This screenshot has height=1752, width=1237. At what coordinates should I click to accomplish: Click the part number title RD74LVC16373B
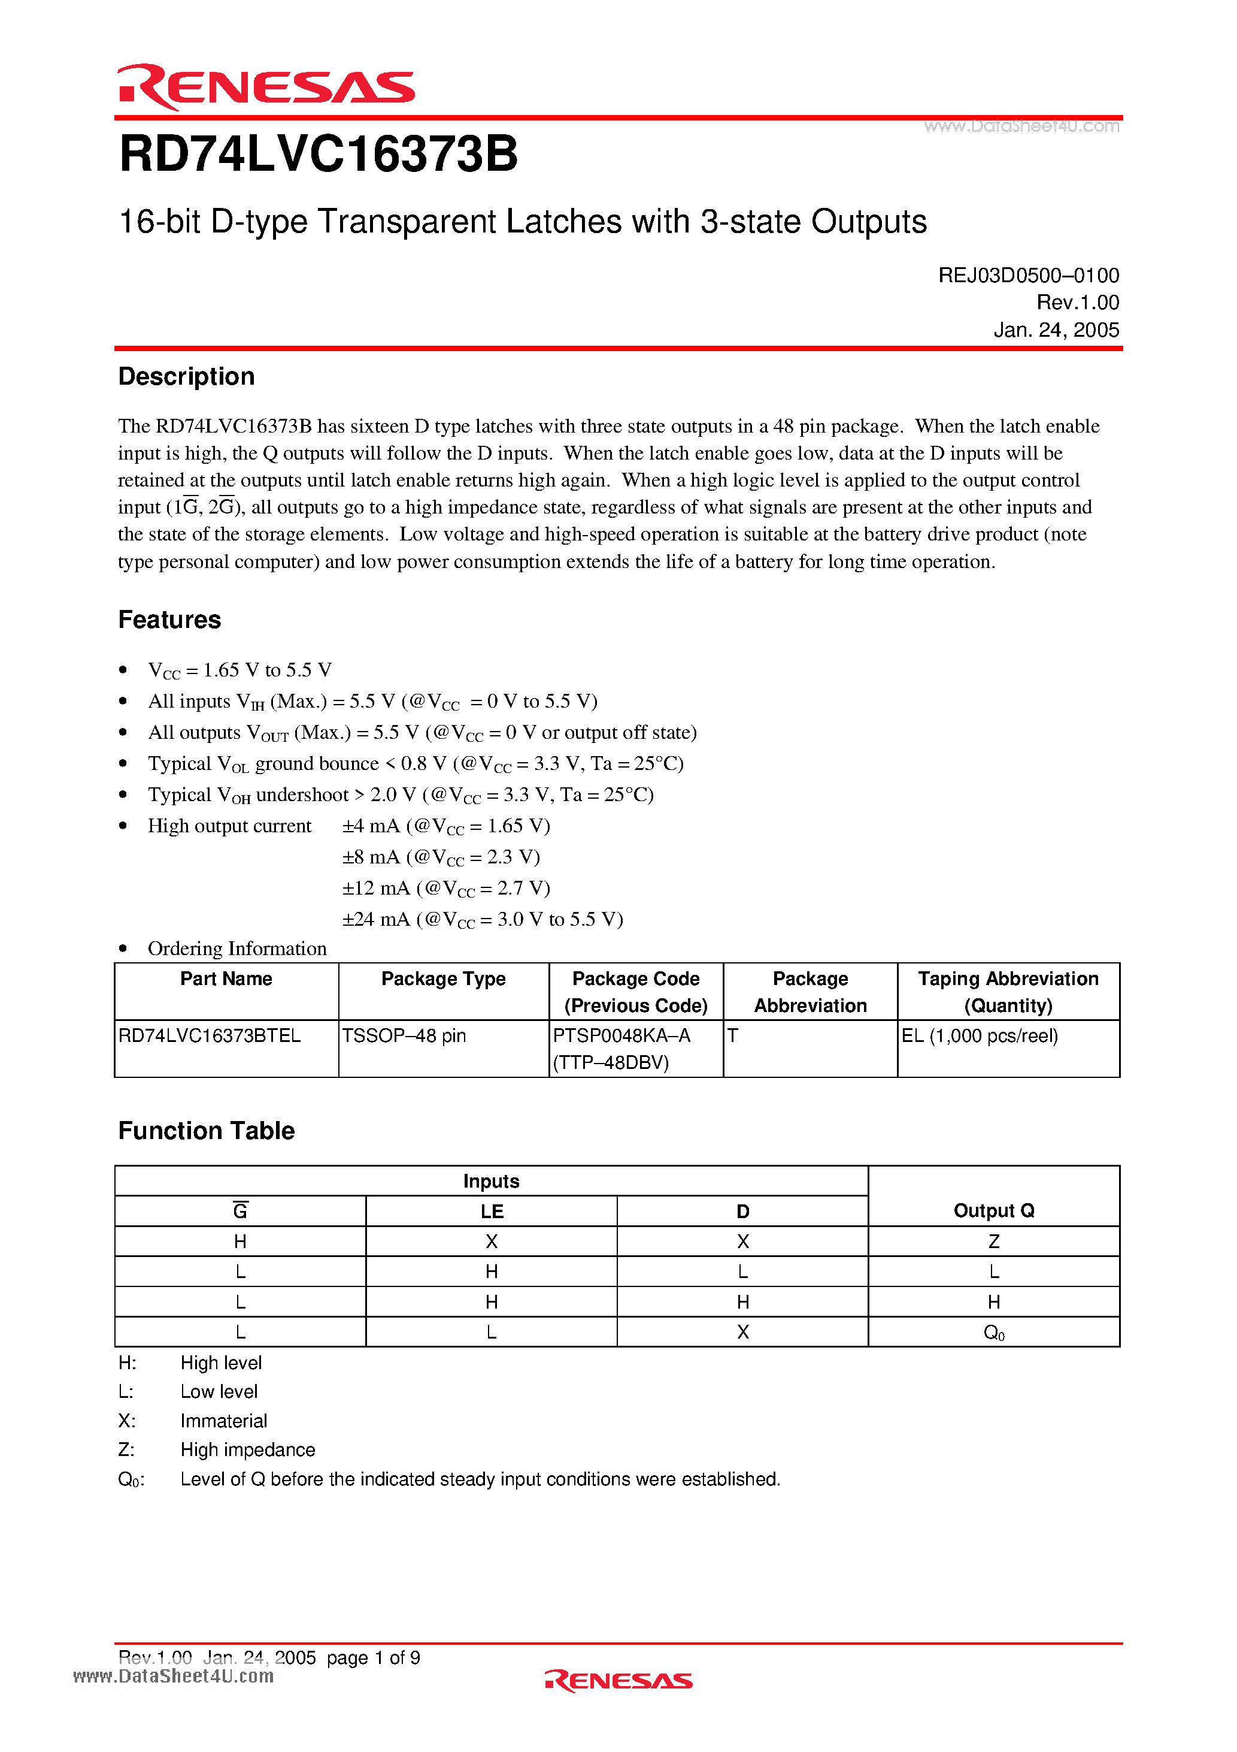318,154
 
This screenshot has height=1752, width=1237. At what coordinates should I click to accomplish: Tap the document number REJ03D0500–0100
1028,276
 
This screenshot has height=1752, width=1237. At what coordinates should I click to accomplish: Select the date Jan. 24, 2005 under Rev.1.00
1056,330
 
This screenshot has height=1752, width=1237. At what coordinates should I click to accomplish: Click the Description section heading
186,376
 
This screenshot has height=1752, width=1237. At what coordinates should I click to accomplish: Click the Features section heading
169,620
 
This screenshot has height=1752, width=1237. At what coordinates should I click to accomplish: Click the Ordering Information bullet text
237,949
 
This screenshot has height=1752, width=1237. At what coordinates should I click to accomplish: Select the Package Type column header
443,979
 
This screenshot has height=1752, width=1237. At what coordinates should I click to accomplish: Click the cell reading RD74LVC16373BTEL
210,1035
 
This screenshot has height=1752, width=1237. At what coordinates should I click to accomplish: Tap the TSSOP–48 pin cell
404,1035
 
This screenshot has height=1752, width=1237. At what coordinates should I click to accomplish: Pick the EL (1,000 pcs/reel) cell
979,1035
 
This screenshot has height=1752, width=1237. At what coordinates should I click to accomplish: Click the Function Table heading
206,1130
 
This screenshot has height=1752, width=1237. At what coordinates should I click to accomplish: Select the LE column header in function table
491,1211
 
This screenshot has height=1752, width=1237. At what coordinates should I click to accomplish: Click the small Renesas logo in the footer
618,1680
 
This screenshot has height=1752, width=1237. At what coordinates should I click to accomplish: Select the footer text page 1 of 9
373,1657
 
